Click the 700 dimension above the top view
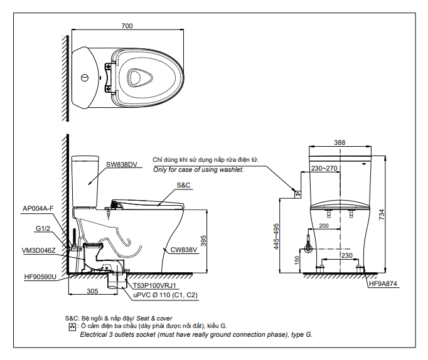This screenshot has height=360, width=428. point(127,26)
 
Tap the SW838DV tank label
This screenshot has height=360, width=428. point(121,164)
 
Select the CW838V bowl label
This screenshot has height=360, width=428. point(183,250)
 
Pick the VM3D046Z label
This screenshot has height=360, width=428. point(39,250)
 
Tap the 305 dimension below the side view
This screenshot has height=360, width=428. point(92,291)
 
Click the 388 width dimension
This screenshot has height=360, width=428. point(339,143)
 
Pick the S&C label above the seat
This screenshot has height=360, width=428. point(183,185)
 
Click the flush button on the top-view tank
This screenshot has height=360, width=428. point(84,78)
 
